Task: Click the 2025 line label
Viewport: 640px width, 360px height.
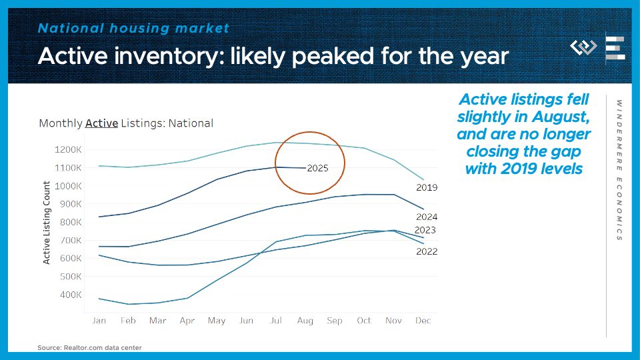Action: pos(317,169)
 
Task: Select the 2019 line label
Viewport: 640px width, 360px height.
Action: pos(426,187)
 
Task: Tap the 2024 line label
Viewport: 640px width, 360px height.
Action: pos(426,217)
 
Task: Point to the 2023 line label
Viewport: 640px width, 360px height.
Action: pos(425,231)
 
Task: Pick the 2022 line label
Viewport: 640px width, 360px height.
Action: pos(426,251)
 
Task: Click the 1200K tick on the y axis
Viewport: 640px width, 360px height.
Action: pos(69,150)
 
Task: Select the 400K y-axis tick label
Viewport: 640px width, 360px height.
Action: pos(71,295)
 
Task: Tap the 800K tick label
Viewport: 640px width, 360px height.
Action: pos(71,223)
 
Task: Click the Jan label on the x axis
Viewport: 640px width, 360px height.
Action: pos(99,321)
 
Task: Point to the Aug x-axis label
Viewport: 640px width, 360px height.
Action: pos(305,321)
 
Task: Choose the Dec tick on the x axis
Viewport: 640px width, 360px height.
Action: pos(423,321)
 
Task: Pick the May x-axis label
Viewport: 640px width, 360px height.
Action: pos(217,321)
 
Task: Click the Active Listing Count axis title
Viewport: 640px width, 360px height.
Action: pos(47,222)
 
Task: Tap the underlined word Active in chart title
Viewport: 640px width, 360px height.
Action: pos(102,123)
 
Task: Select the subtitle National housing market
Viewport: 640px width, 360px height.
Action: pos(133,28)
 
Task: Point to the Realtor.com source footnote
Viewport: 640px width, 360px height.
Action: pos(89,347)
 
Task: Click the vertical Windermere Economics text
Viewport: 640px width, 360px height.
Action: pos(619,170)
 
